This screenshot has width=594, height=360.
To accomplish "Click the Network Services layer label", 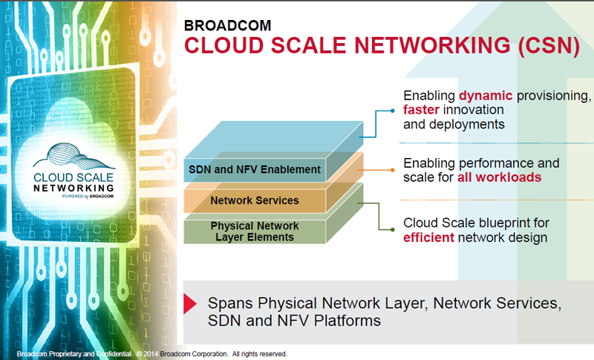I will [255, 200].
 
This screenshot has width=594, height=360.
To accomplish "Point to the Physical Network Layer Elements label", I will [255, 231].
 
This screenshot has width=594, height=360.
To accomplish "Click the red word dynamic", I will [486, 96].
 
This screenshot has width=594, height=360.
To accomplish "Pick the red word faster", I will [424, 110].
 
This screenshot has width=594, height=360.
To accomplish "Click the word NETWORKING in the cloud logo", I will [74, 188].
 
